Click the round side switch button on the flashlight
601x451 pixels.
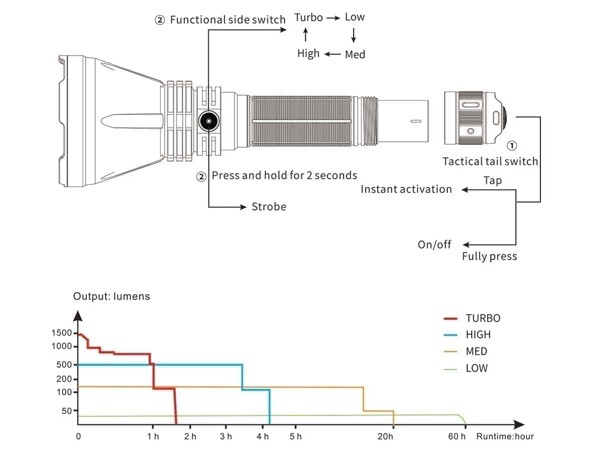[208, 121]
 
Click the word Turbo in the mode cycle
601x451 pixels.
[309, 18]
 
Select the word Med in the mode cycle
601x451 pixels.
[355, 55]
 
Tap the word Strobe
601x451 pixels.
[269, 207]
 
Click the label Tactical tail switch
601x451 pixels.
[490, 161]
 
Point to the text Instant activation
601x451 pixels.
[406, 189]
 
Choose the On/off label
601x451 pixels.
[434, 245]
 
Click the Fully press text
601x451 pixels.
[489, 257]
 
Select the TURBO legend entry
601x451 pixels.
[483, 318]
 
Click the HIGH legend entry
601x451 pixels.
[478, 335]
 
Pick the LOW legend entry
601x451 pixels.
[476, 368]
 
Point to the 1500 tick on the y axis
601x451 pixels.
[62, 333]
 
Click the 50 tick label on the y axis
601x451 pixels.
[67, 411]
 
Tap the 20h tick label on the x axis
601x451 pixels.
[385, 436]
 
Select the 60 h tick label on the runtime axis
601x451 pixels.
[457, 436]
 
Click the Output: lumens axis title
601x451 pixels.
[111, 296]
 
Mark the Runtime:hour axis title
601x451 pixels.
[505, 436]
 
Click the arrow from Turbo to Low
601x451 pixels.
[333, 18]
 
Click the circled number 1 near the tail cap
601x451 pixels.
[512, 146]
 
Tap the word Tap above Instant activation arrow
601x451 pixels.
[492, 180]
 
